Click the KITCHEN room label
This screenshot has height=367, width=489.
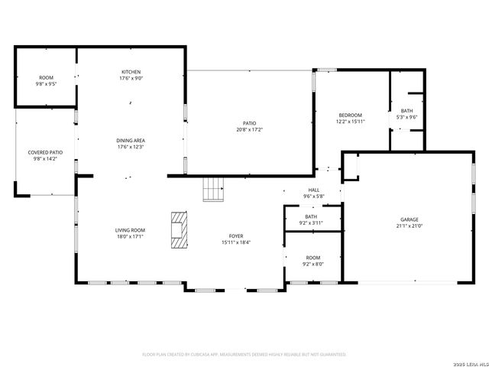click(130, 72)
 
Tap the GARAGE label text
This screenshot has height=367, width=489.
click(409, 219)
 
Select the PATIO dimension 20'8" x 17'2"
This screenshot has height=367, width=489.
click(249, 130)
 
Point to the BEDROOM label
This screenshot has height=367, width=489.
click(351, 115)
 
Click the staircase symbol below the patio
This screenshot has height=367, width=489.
click(213, 188)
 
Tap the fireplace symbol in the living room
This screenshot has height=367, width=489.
click(178, 229)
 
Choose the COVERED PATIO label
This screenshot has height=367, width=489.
click(45, 152)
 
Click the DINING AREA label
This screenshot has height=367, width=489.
click(130, 141)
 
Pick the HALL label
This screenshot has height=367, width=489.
click(313, 190)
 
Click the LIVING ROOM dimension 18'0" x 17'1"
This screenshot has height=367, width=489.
click(130, 236)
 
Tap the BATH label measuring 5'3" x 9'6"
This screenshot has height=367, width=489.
click(406, 111)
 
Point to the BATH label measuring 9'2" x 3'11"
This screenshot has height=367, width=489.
click(311, 216)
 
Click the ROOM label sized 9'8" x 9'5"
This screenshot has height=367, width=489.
click(45, 77)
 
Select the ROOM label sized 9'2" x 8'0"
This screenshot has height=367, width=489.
click(313, 258)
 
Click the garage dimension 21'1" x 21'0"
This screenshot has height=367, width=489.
click(409, 226)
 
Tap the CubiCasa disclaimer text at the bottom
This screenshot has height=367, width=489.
click(244, 355)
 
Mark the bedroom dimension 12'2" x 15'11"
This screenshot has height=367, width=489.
click(351, 122)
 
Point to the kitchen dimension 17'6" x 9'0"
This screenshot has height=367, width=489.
click(130, 78)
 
